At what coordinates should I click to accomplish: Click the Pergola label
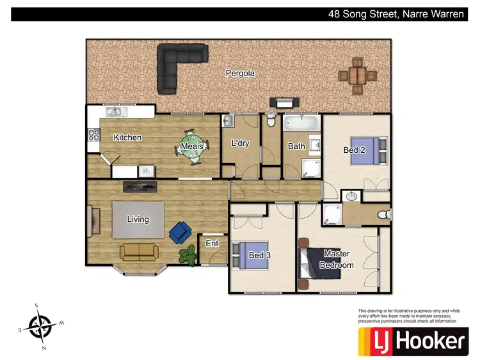tap(240, 74)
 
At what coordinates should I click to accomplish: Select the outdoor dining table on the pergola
tap(358, 75)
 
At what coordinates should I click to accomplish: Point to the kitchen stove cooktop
tap(93, 135)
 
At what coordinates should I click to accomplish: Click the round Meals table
tap(192, 146)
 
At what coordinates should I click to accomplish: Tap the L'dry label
tap(240, 143)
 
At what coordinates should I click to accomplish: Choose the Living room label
tap(138, 219)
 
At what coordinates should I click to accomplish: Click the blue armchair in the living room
tap(180, 232)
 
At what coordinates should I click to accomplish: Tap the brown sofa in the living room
tap(139, 252)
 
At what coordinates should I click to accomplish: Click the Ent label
tap(212, 244)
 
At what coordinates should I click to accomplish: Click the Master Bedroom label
tap(337, 259)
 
